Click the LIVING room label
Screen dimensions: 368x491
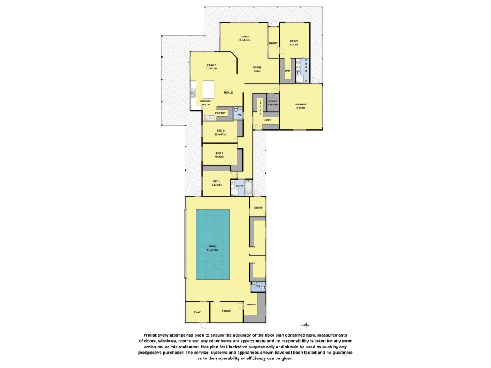[x=244, y=37]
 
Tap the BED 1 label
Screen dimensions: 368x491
[x=294, y=42]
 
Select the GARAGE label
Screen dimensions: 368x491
[x=301, y=105]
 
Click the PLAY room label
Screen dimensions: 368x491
[x=197, y=312]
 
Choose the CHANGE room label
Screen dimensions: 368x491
[x=250, y=304]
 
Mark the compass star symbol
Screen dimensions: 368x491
[x=306, y=325]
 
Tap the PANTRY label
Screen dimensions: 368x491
[x=221, y=113]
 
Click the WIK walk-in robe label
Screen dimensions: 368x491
[x=287, y=71]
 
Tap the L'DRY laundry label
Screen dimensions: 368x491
[x=268, y=120]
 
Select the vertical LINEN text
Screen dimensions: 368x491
[x=260, y=107]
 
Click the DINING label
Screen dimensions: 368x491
[x=257, y=69]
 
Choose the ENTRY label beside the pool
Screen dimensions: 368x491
[x=258, y=208]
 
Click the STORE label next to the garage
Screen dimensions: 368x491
[x=273, y=102]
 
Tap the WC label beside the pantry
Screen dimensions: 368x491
[x=239, y=115]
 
